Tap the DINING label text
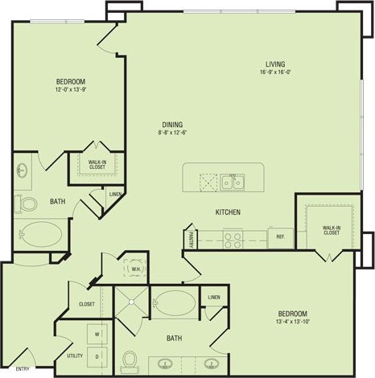click(x=172, y=125)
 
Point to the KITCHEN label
click(x=228, y=212)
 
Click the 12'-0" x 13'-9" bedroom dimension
click(x=70, y=90)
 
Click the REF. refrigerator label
click(x=281, y=237)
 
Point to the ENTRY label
click(x=22, y=370)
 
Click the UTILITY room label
click(x=75, y=355)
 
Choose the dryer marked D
click(x=97, y=355)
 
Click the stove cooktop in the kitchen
click(x=233, y=237)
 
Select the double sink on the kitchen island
click(x=233, y=180)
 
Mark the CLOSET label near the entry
click(x=87, y=304)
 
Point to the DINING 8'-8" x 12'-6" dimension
click(x=172, y=134)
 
